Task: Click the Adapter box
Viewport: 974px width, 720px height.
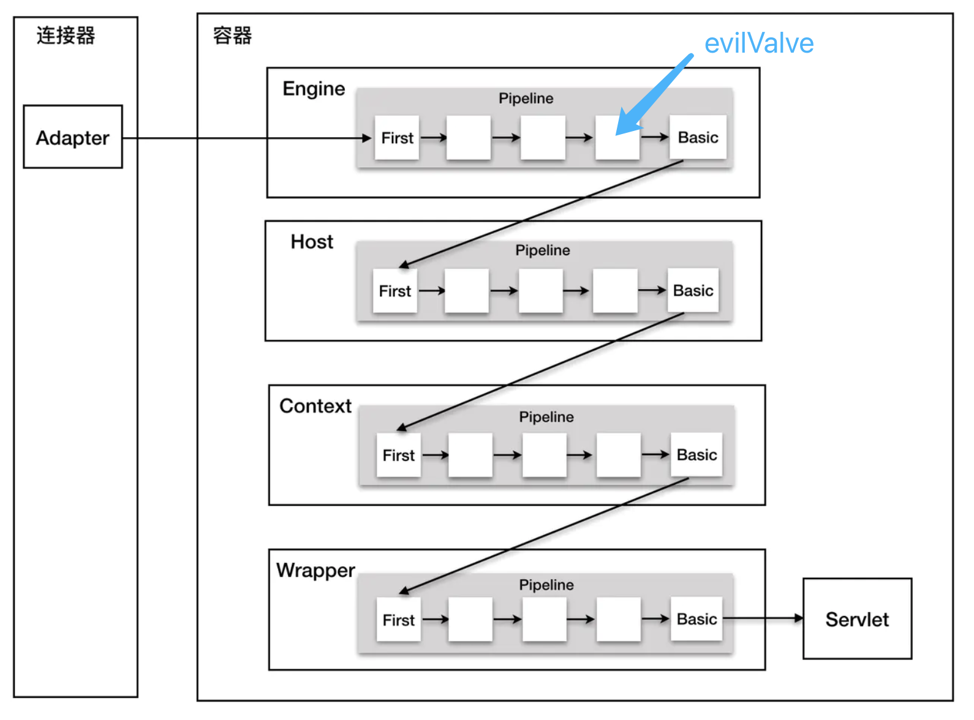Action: pyautogui.click(x=72, y=137)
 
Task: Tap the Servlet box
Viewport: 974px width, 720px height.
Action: pyautogui.click(x=856, y=619)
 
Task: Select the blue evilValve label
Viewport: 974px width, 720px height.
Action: pyautogui.click(x=758, y=43)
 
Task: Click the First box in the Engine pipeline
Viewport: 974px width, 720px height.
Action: pyautogui.click(x=397, y=138)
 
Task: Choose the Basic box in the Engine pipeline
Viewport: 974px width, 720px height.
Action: pyautogui.click(x=698, y=137)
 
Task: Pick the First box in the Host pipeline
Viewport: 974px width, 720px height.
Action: pyautogui.click(x=395, y=291)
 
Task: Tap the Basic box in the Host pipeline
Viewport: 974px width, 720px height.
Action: pyautogui.click(x=693, y=290)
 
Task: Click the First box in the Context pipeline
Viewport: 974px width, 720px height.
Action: pyautogui.click(x=399, y=455)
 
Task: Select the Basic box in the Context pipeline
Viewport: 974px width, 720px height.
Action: pyautogui.click(x=697, y=454)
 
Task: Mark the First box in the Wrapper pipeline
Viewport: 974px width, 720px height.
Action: pyautogui.click(x=399, y=620)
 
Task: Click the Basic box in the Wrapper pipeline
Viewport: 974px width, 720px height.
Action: pyautogui.click(x=697, y=619)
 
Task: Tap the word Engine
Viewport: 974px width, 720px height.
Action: pyautogui.click(x=314, y=89)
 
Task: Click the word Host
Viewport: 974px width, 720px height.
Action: pyautogui.click(x=312, y=242)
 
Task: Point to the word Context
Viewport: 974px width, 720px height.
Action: pyautogui.click(x=315, y=406)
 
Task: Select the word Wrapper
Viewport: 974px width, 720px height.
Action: pyautogui.click(x=315, y=570)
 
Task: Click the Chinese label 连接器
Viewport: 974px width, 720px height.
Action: pyautogui.click(x=66, y=36)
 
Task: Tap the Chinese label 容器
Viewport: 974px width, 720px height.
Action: pyautogui.click(x=232, y=36)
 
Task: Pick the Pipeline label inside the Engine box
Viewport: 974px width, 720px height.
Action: pyautogui.click(x=526, y=99)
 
